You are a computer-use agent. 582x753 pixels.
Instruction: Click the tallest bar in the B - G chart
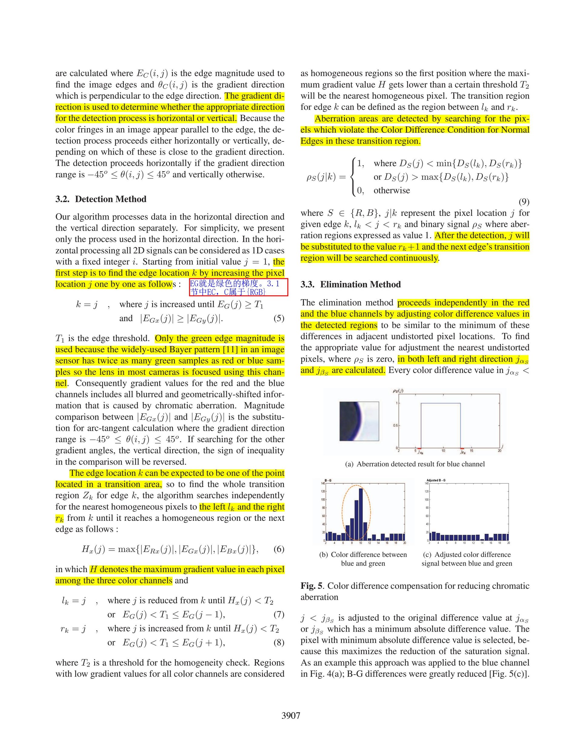coord(361,514)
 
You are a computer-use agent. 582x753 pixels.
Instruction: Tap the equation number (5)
coord(279,318)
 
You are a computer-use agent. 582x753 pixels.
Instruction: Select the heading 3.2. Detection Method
coord(101,199)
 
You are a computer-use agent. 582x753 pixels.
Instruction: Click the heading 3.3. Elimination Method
coord(350,284)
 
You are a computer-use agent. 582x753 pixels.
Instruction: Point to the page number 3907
coord(291,715)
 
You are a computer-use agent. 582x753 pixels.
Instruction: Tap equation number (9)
coord(524,202)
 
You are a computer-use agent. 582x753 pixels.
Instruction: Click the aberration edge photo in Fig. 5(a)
coord(359,421)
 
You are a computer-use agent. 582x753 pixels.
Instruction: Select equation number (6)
coord(279,549)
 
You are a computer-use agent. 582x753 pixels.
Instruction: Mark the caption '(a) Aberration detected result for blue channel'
coord(415,464)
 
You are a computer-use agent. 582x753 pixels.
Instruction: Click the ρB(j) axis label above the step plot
coord(398,391)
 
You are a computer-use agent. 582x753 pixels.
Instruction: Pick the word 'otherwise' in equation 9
coord(392,190)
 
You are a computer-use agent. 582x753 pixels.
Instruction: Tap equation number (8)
coord(279,642)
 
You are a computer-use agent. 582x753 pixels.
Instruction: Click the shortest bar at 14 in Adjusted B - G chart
coord(482,540)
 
